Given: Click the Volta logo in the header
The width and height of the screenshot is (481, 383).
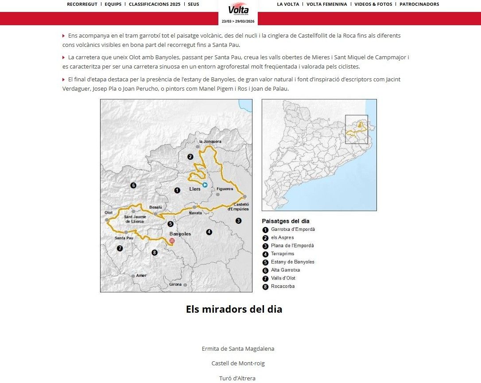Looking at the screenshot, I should click(x=238, y=10).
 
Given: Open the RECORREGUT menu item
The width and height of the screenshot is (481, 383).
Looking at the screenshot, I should click(x=82, y=4).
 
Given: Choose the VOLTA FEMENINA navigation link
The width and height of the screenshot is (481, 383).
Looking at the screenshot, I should click(x=326, y=4).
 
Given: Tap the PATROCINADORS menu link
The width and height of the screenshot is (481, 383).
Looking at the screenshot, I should click(x=419, y=4).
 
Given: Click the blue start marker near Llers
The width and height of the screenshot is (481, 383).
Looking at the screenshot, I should click(x=205, y=185).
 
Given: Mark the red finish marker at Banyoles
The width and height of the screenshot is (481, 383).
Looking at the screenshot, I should click(x=172, y=241).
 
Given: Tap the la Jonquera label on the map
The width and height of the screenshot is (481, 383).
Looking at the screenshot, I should click(x=210, y=142).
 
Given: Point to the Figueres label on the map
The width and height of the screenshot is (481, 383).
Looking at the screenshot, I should click(x=225, y=189).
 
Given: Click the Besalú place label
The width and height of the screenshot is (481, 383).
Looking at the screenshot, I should click(x=155, y=207).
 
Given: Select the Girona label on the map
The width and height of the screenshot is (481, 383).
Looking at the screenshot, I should click(x=175, y=284).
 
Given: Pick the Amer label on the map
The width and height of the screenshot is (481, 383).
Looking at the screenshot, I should click(x=141, y=276).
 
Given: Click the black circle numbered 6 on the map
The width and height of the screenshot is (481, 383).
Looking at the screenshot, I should click(x=133, y=185).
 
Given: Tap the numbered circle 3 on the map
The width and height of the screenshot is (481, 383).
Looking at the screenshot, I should click(x=238, y=221).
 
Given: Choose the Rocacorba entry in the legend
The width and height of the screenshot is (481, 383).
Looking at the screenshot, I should click(x=283, y=287).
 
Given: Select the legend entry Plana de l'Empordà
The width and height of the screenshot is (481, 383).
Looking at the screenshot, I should click(x=292, y=246).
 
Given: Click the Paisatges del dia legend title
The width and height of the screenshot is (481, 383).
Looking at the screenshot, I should click(x=285, y=221).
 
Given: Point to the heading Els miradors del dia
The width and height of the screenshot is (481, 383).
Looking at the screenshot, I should click(x=234, y=309).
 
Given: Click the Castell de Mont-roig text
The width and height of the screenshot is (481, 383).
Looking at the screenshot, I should click(x=238, y=364).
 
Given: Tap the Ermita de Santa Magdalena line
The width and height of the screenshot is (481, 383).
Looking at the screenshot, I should click(x=238, y=349).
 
